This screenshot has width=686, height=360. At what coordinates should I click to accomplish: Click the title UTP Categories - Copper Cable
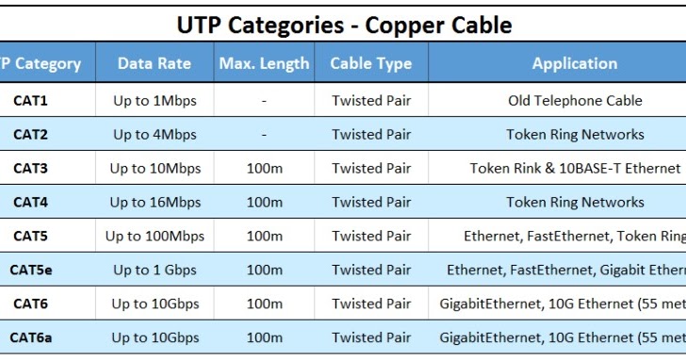[343, 24]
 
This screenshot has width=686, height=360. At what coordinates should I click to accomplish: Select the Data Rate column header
[155, 64]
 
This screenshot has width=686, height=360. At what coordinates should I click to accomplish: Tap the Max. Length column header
[264, 64]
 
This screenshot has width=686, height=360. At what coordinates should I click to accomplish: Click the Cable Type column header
[371, 64]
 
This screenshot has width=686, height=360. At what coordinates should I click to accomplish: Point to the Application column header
[575, 64]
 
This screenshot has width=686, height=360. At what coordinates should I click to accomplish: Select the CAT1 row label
[30, 101]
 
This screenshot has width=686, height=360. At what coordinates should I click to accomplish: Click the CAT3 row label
[30, 169]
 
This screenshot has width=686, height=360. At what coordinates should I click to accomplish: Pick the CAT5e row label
[31, 270]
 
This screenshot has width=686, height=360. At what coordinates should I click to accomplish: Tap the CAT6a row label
[31, 337]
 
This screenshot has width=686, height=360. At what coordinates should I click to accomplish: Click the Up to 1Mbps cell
[155, 101]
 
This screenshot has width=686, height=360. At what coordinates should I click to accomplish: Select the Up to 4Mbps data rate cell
[155, 135]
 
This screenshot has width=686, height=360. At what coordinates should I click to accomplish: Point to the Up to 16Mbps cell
[155, 203]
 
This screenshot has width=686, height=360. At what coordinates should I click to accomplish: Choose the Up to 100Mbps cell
[155, 237]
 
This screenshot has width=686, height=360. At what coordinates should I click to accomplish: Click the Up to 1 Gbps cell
[155, 270]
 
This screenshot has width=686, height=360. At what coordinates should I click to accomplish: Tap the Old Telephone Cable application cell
[575, 101]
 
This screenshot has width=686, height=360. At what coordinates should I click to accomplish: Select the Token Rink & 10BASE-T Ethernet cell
[575, 169]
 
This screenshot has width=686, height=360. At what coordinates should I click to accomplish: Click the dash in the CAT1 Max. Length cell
[264, 101]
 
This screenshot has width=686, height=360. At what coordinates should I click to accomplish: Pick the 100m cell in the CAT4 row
[264, 203]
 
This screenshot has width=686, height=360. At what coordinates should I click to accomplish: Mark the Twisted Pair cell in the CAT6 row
[371, 303]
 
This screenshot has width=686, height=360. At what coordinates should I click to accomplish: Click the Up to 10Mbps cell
[155, 169]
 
